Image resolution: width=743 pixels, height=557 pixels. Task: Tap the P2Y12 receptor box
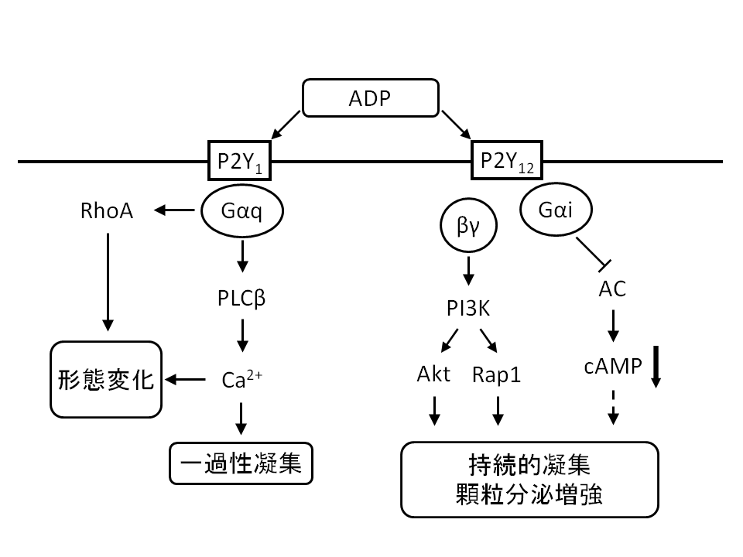(x=507, y=161)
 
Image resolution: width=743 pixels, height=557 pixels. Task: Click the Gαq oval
(x=242, y=211)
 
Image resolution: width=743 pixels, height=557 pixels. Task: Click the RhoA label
(x=107, y=211)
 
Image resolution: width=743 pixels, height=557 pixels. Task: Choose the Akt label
(x=433, y=375)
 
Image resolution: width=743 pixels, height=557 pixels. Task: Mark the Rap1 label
(x=497, y=375)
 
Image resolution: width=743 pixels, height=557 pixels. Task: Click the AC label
(x=613, y=289)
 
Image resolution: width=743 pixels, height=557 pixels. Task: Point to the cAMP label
(x=612, y=367)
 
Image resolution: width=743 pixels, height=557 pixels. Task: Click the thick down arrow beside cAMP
(x=656, y=367)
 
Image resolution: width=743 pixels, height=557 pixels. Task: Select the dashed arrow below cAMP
(x=613, y=408)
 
